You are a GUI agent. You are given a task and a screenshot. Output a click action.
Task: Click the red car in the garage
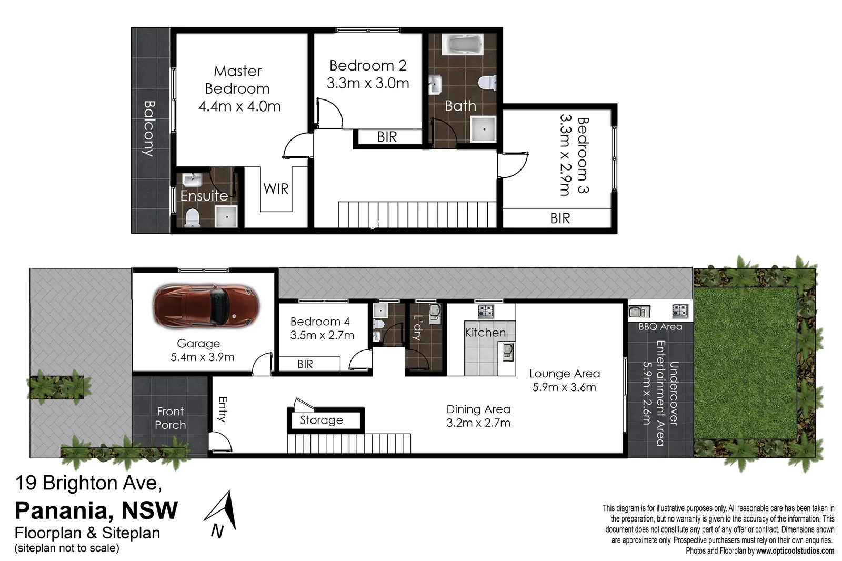(x=206, y=305)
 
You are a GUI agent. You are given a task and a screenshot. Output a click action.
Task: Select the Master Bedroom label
(x=237, y=79)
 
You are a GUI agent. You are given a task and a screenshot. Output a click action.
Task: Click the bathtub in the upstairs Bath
(x=462, y=45)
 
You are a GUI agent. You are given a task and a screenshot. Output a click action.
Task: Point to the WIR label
(x=276, y=188)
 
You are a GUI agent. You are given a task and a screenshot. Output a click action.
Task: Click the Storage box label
(x=321, y=420)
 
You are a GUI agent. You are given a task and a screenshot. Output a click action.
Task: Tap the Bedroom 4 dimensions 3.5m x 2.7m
(x=322, y=335)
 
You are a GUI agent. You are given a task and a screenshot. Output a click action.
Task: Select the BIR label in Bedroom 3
(x=560, y=218)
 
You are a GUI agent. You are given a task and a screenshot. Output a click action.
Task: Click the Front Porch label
(x=170, y=418)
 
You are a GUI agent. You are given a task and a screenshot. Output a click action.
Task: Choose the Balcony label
(x=149, y=128)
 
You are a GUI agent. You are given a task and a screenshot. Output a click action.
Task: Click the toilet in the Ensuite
(x=193, y=217)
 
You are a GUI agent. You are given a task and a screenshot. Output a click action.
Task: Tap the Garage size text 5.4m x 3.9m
(x=202, y=357)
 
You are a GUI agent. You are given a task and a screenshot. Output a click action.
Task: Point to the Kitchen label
(x=485, y=333)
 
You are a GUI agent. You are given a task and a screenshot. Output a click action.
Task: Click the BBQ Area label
(x=660, y=326)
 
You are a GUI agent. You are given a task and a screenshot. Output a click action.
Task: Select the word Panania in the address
(x=59, y=510)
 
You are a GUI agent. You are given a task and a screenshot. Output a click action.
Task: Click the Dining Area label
(x=478, y=409)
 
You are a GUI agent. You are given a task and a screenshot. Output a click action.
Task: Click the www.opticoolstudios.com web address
(x=795, y=551)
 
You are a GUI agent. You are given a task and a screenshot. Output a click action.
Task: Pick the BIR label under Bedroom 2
(x=387, y=137)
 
